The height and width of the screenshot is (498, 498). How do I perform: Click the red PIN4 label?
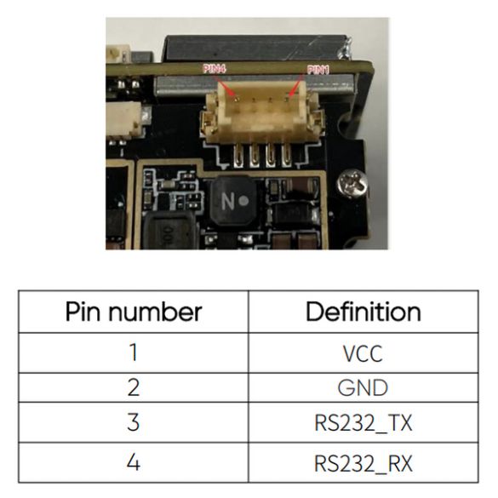click(214, 69)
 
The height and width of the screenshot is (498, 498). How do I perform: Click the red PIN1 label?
click(318, 70)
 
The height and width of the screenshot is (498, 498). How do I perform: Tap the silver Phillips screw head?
click(352, 184)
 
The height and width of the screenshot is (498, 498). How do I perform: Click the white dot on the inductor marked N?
click(244, 201)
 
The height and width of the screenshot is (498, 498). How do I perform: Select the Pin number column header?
click(134, 312)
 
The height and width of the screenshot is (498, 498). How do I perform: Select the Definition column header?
click(363, 312)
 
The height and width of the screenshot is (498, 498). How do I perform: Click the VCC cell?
click(363, 353)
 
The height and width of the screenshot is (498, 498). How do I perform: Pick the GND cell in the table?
click(363, 388)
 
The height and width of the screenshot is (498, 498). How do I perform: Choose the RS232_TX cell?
click(363, 423)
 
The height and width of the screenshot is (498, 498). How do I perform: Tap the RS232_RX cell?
click(363, 464)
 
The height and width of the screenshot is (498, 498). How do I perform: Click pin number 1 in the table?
click(134, 352)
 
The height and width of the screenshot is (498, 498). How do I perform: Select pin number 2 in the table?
click(134, 387)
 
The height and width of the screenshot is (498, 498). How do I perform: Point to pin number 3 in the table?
click(134, 422)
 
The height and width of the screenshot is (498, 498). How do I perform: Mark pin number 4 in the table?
click(134, 462)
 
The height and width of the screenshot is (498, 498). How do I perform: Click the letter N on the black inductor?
click(228, 201)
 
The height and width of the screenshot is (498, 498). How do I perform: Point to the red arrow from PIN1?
click(295, 85)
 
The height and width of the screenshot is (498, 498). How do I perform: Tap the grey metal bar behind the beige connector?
click(254, 86)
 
